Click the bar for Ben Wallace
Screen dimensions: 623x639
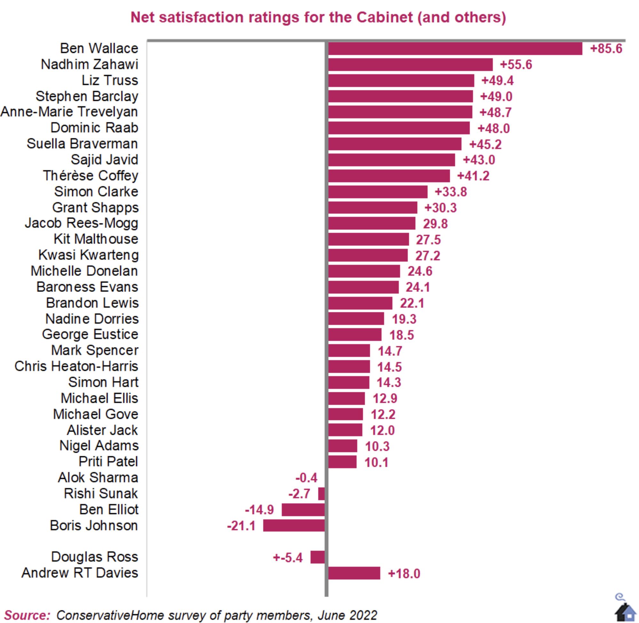[x=455, y=49]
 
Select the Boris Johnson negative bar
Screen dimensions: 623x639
[x=294, y=525]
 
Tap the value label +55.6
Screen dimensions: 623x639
[x=516, y=65]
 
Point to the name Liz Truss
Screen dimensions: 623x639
[x=110, y=81]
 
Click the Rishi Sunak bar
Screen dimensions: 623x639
[x=321, y=494]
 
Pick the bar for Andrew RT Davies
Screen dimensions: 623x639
[x=354, y=573]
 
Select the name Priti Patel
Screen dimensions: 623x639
[x=108, y=462]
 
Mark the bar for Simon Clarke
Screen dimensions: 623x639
[x=378, y=192]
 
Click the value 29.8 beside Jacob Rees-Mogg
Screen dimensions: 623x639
[x=435, y=224]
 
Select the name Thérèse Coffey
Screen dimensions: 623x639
[x=91, y=176]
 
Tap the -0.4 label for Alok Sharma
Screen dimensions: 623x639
[x=306, y=478]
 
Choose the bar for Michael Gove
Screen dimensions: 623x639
[x=345, y=414]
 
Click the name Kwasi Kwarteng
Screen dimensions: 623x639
[x=88, y=255]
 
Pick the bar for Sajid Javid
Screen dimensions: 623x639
[x=391, y=160]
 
